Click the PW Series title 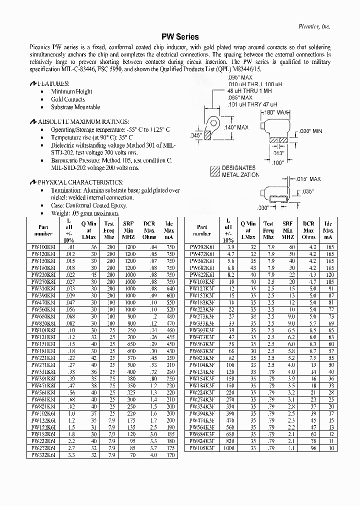[x=179, y=37]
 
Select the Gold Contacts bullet [x=68, y=99]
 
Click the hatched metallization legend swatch [x=215, y=171]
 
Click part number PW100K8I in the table [x=43, y=247]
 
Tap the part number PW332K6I [x=43, y=455]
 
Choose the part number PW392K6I [x=201, y=247]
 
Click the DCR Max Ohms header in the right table [x=308, y=230]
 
